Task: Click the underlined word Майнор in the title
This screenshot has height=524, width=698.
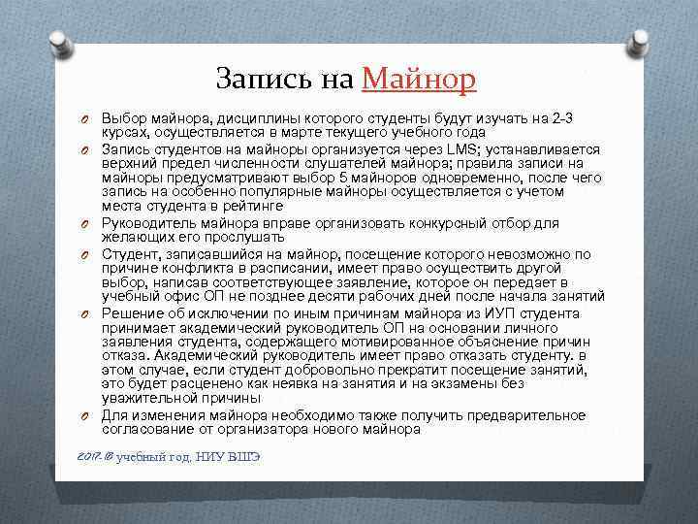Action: (x=419, y=78)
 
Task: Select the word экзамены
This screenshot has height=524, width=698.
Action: (x=471, y=383)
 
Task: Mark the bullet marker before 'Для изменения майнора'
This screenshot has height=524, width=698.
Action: (x=85, y=415)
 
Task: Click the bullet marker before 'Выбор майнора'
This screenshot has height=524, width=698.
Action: (x=85, y=118)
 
